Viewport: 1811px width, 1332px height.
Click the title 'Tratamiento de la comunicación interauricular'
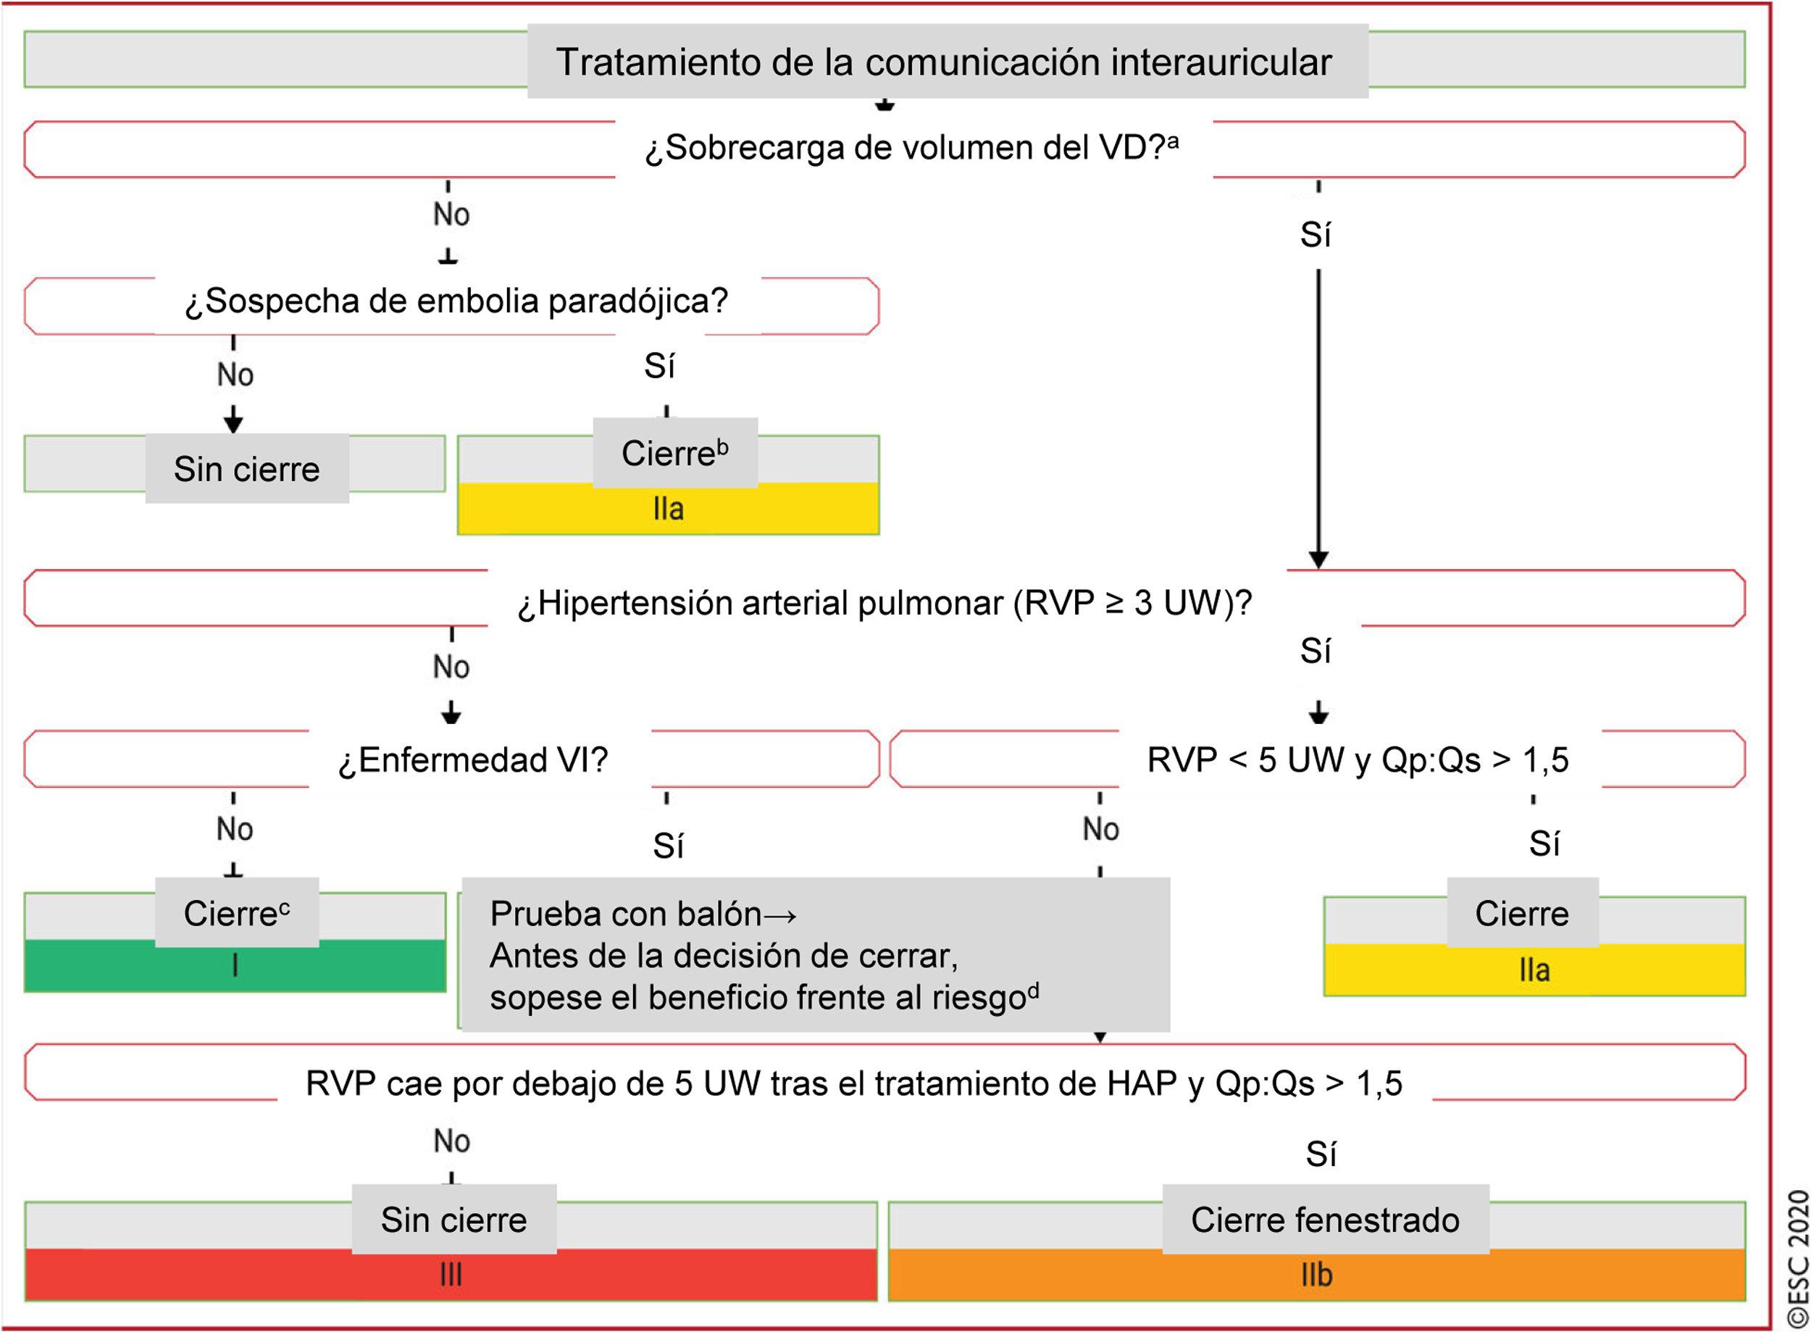(x=943, y=62)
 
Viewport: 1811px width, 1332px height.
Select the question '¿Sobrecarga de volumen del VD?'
(x=911, y=148)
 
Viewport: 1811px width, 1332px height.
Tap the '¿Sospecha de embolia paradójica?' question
(x=456, y=301)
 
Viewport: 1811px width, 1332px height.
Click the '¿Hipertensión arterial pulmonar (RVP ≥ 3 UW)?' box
(x=884, y=603)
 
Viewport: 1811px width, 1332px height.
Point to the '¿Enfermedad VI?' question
(x=473, y=759)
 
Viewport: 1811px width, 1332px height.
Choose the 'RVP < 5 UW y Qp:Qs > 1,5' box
(x=1358, y=759)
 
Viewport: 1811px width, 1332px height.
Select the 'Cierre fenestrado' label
(x=1324, y=1219)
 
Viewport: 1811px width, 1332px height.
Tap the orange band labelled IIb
(x=1316, y=1275)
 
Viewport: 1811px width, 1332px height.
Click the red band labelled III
(x=451, y=1275)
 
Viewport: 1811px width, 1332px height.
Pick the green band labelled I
(x=235, y=965)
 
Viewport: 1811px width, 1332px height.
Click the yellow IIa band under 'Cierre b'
(x=668, y=509)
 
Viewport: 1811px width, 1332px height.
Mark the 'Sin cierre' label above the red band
(x=453, y=1219)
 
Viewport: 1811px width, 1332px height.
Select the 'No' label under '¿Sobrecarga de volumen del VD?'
(x=451, y=215)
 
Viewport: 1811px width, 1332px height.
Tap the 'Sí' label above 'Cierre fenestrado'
(x=1320, y=1154)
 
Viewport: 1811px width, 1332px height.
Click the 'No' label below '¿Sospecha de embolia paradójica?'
(x=235, y=375)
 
